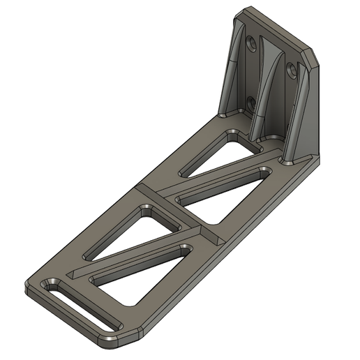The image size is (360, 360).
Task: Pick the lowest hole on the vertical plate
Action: point(250,103)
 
